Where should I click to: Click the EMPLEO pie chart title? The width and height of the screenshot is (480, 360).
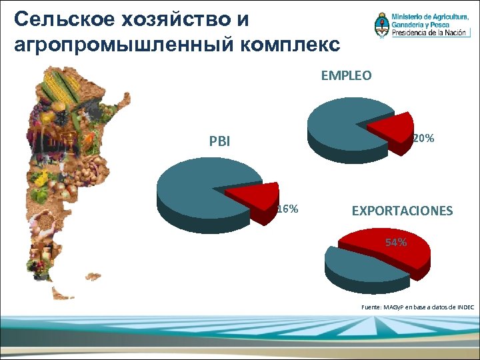pos(346,76)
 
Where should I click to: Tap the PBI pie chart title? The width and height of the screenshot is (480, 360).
pos(219,141)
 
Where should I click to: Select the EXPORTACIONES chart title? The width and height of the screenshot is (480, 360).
pos(402,211)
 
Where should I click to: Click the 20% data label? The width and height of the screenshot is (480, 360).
pos(424,139)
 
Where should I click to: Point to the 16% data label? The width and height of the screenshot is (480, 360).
pos(287,209)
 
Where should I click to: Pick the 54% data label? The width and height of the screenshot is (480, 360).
pos(396,243)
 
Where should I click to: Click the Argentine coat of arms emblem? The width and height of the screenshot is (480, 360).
pos(381,25)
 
